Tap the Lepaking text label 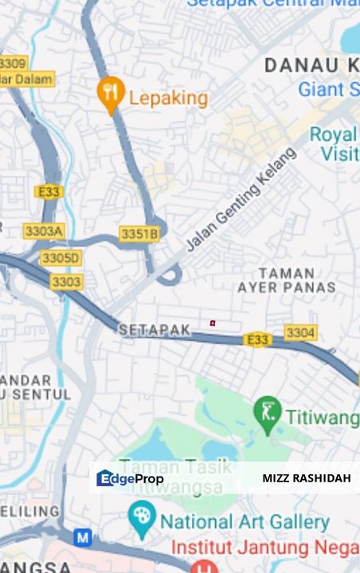pyautogui.click(x=168, y=99)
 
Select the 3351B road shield pyautogui.click(x=139, y=234)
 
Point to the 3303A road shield pyautogui.click(x=44, y=231)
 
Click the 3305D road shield pyautogui.click(x=61, y=258)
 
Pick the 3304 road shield pyautogui.click(x=300, y=333)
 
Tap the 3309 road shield pyautogui.click(x=13, y=63)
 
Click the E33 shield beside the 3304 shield pyautogui.click(x=257, y=340)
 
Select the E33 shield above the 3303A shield pyautogui.click(x=49, y=192)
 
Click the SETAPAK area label pyautogui.click(x=155, y=329)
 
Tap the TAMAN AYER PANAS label pyautogui.click(x=286, y=280)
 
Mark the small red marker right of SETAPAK pyautogui.click(x=213, y=323)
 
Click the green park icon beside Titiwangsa pyautogui.click(x=268, y=411)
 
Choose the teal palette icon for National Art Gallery pyautogui.click(x=142, y=520)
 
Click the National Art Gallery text pyautogui.click(x=245, y=523)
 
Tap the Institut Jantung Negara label pyautogui.click(x=265, y=548)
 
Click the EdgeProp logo pyautogui.click(x=130, y=478)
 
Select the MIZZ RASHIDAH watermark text pyautogui.click(x=306, y=478)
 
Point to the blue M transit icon pyautogui.click(x=83, y=538)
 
